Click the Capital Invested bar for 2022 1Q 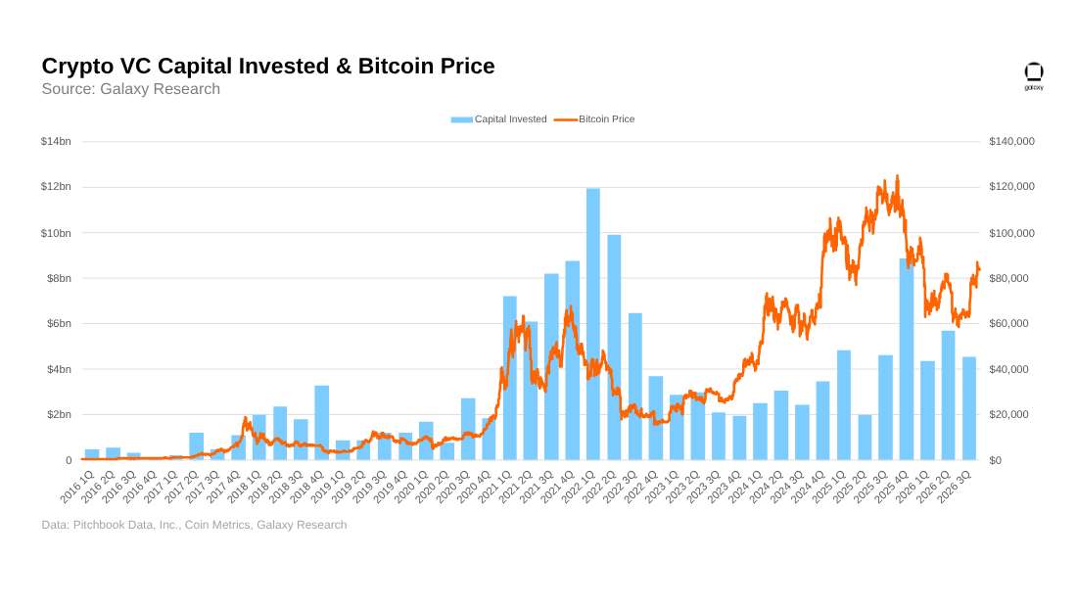pos(593,324)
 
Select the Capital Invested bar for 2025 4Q pos(907,359)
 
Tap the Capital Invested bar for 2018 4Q pos(321,423)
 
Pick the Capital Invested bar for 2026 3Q pos(969,409)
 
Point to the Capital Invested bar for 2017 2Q pos(197,445)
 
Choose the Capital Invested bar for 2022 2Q pos(614,348)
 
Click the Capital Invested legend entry pos(498,118)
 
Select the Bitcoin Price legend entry pos(595,118)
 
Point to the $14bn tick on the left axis pos(56,142)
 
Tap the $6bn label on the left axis pos(59,324)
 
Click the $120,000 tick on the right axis pos(1011,187)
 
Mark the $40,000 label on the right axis pos(1009,370)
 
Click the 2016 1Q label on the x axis pos(77,486)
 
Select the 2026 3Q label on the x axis pos(955,486)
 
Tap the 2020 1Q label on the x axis pos(412,486)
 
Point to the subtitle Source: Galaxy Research pos(131,89)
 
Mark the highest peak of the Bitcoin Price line pos(897,176)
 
